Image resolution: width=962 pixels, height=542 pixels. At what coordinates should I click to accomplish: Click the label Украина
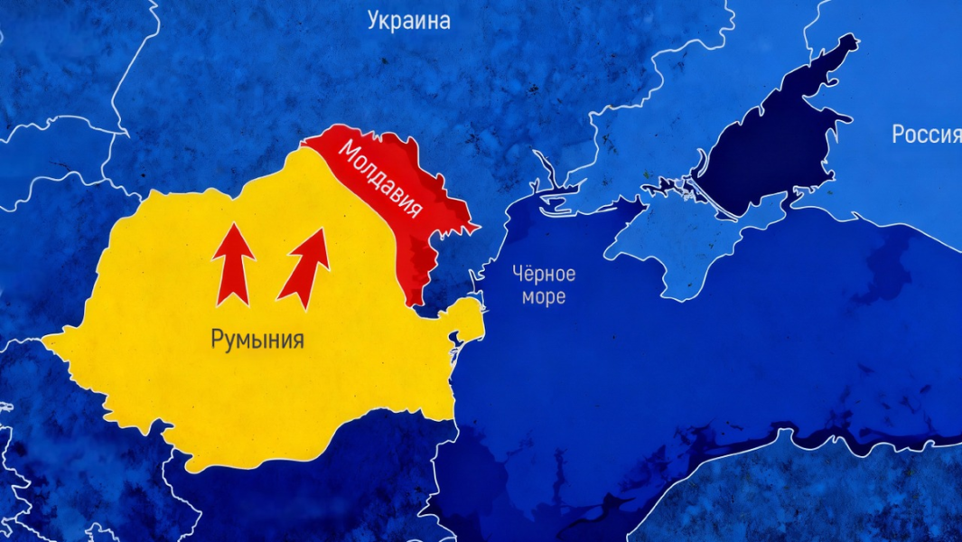(x=408, y=21)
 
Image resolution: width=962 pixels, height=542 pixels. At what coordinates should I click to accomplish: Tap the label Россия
(x=926, y=135)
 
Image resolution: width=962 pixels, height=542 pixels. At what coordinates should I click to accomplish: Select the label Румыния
(x=257, y=341)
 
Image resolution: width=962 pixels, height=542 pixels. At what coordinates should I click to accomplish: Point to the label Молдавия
(x=379, y=179)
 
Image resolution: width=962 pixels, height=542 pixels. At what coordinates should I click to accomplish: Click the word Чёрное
(x=543, y=274)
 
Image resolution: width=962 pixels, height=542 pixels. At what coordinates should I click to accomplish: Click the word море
(x=543, y=296)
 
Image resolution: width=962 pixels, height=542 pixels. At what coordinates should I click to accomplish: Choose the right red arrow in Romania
(x=304, y=267)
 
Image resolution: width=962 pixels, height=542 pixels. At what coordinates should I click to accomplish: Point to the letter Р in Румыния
(x=217, y=341)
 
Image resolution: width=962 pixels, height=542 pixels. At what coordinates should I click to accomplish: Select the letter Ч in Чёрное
(x=518, y=274)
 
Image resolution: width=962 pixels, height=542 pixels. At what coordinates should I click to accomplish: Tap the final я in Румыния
(x=297, y=341)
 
